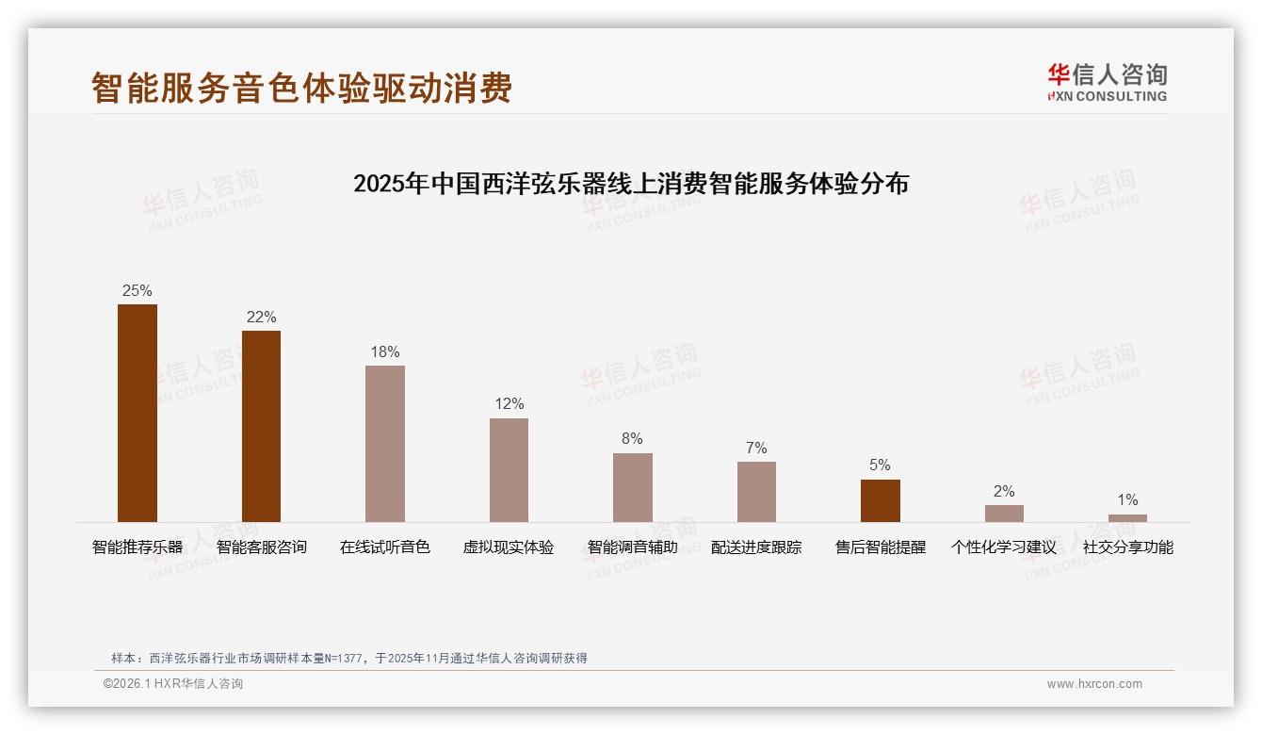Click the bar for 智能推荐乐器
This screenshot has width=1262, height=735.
pos(138,413)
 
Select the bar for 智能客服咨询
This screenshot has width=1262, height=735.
pos(261,426)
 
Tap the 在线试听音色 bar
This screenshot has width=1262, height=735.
pos(385,443)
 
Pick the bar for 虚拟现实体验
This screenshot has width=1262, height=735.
pos(509,469)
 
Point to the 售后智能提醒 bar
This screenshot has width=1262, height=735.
pos(881,500)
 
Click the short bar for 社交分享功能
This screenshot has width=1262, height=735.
pos(1127,518)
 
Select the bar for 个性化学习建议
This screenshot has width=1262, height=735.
pos(1004,514)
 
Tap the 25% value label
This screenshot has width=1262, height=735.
pos(138,290)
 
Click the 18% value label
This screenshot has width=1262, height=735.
pos(385,351)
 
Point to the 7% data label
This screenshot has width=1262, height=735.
pos(756,448)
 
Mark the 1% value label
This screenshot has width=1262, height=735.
pos(1127,499)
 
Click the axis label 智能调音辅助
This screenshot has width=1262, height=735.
pos(633,547)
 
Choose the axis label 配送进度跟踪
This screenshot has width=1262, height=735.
pos(756,547)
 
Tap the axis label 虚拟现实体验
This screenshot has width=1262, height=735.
pos(509,547)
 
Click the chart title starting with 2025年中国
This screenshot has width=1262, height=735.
pos(631,184)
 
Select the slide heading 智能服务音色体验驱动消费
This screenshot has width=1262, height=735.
pos(301,88)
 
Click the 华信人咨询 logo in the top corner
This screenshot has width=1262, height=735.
pos(1107,82)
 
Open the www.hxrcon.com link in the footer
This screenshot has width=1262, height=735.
pos(1094,684)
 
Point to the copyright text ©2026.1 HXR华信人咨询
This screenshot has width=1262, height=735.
pos(173,684)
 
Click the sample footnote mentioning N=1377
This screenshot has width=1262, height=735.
pos(349,659)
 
